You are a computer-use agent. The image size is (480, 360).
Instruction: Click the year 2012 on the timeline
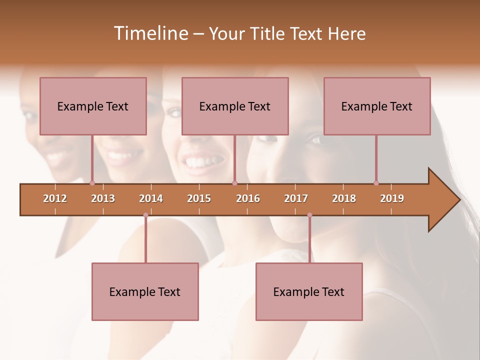55,198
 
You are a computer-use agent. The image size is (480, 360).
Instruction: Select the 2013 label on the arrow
103,198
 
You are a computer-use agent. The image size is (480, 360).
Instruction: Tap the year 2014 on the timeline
151,198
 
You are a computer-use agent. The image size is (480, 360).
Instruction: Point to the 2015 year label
199,198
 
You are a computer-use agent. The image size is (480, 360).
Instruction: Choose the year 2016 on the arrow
248,198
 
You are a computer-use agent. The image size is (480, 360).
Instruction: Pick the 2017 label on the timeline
296,198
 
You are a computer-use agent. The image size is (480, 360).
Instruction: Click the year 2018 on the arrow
344,198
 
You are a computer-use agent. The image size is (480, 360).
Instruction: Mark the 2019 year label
392,198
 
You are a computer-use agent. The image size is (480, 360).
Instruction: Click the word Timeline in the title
150,33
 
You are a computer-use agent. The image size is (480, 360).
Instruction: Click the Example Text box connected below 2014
145,291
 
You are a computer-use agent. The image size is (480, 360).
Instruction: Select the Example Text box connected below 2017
309,291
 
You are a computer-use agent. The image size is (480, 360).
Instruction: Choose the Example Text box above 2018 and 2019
377,106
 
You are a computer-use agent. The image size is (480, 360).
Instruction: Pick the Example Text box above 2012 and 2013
93,106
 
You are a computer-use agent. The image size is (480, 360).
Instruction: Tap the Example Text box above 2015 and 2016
235,106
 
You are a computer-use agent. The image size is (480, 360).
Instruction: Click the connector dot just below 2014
145,215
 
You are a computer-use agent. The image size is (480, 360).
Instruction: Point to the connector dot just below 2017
309,215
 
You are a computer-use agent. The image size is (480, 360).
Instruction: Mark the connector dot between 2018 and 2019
376,183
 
